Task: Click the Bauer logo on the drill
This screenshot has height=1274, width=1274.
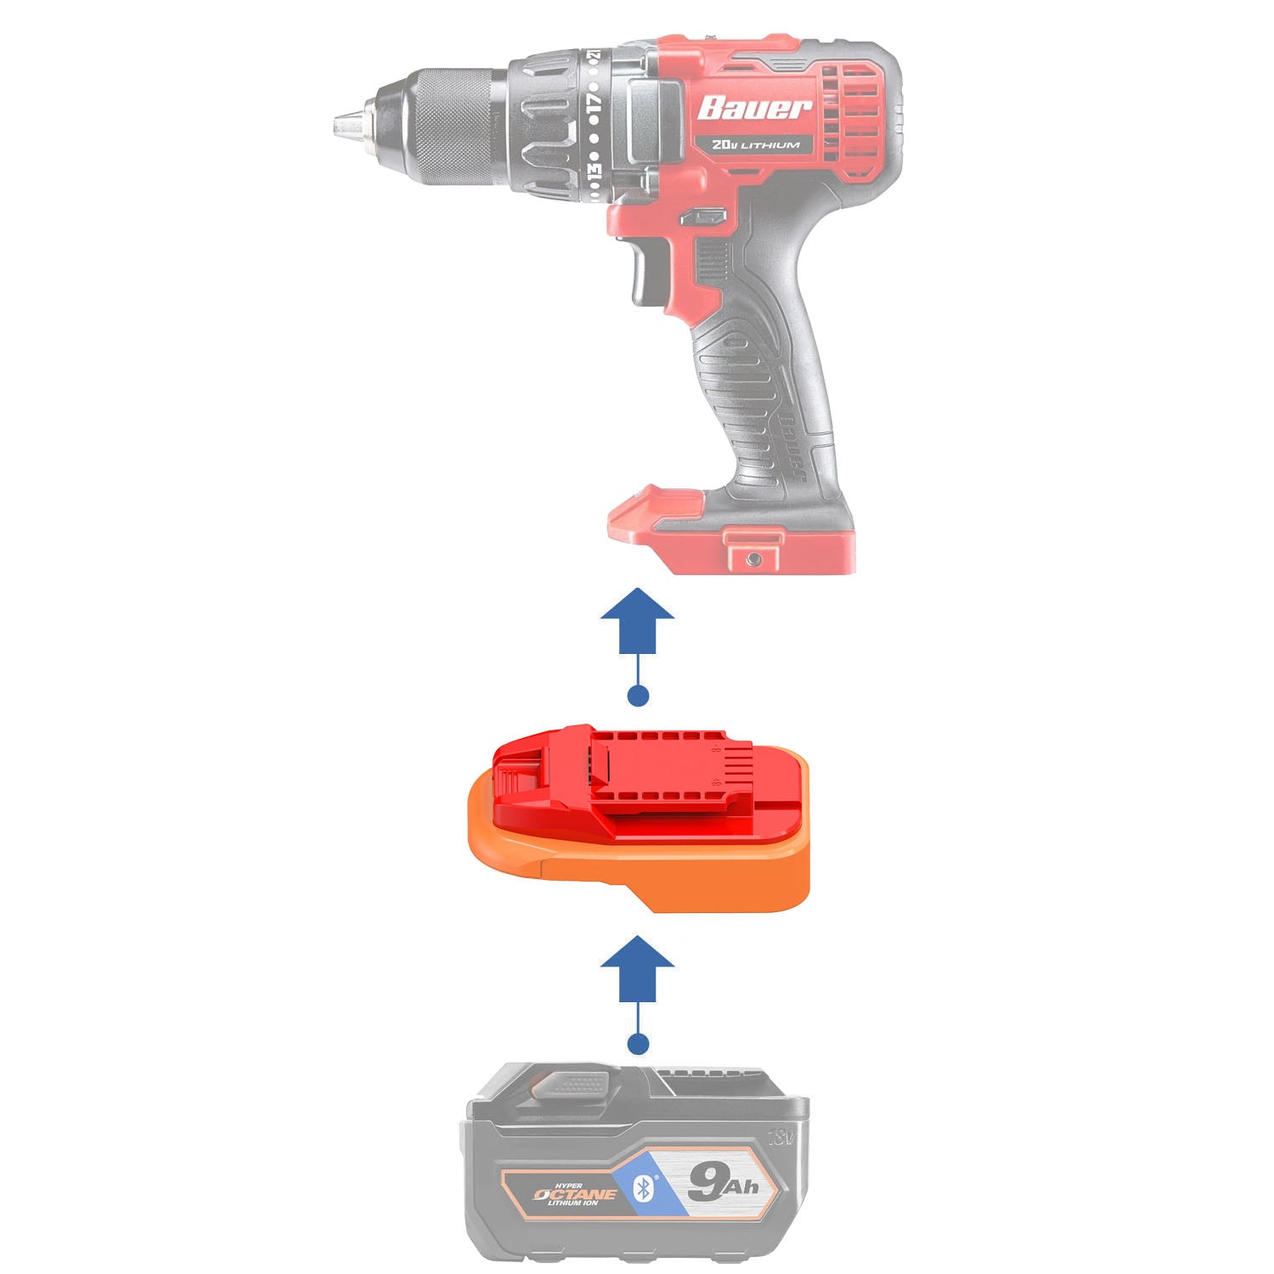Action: click(754, 108)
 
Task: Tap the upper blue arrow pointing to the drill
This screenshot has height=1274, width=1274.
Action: click(637, 621)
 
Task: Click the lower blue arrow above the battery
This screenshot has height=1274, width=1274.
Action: click(637, 969)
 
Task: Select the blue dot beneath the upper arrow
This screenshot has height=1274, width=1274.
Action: click(637, 696)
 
